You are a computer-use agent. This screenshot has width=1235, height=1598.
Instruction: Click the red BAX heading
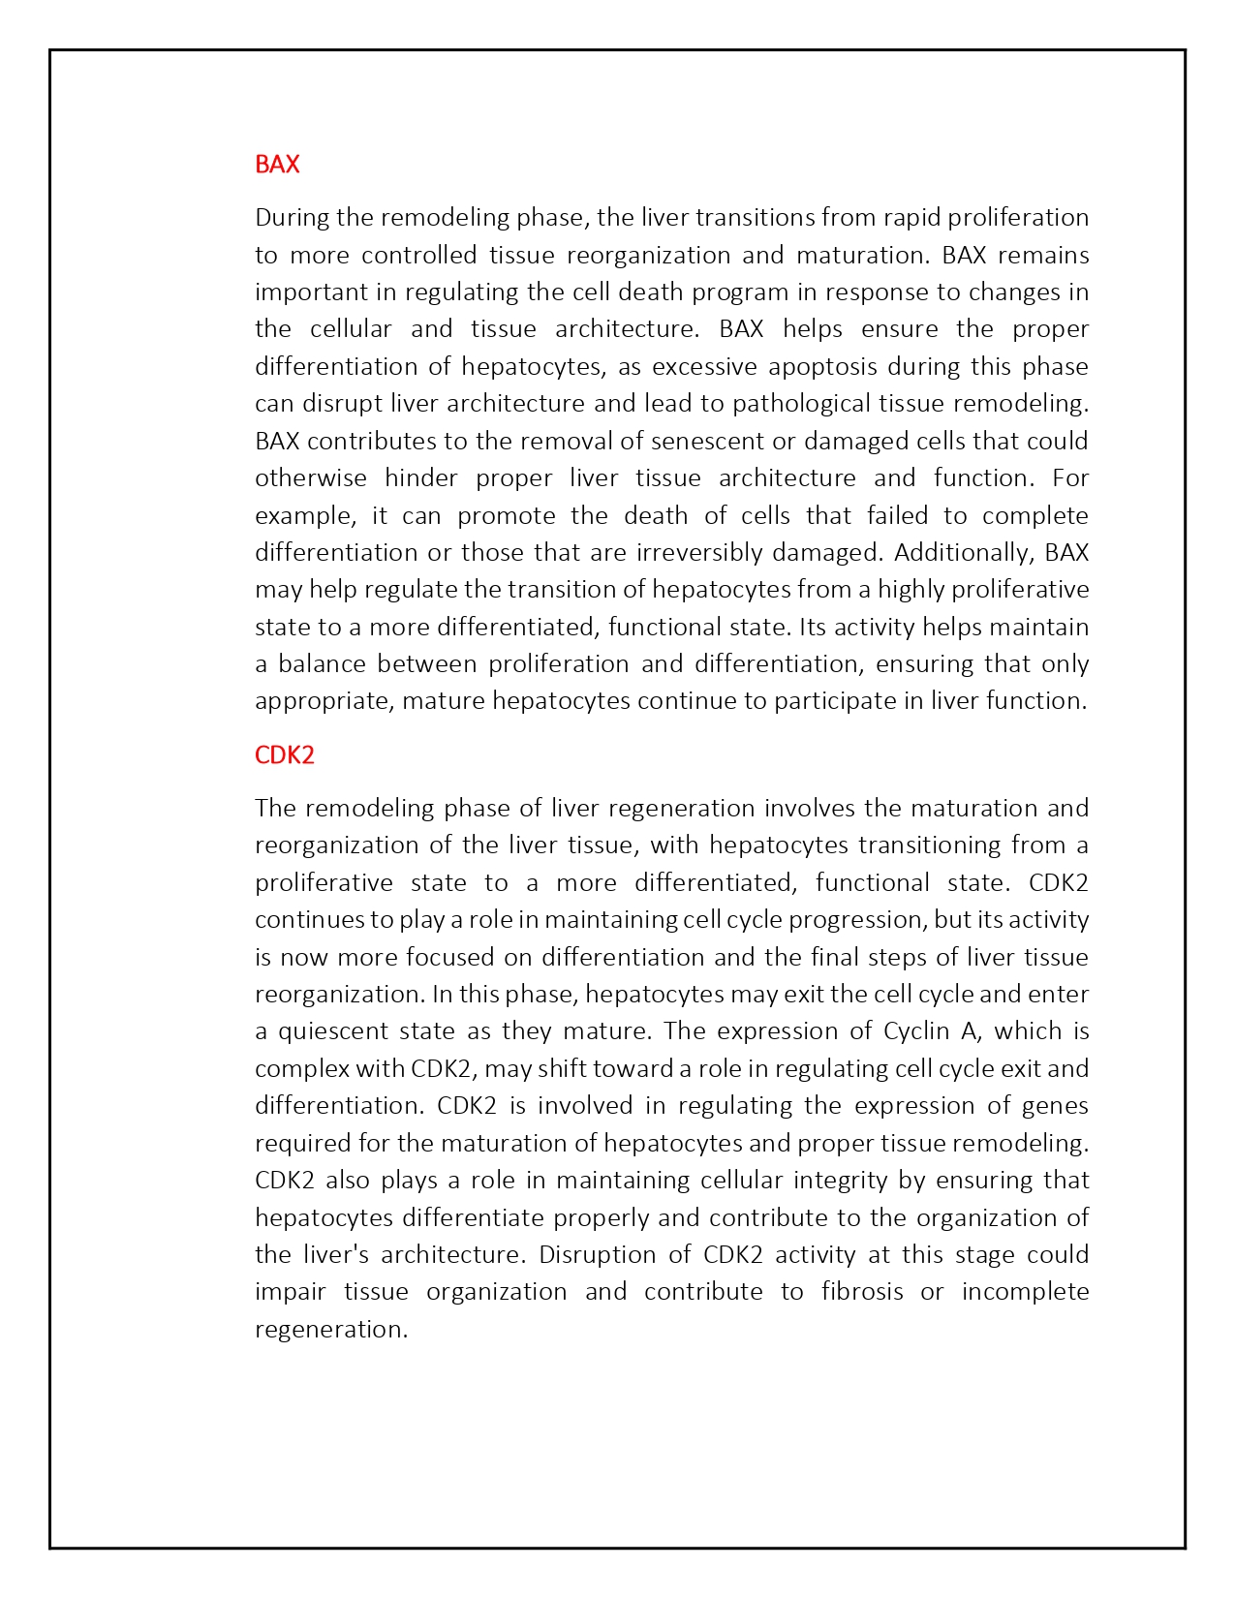click(x=277, y=164)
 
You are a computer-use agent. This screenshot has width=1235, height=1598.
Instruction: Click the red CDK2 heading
click(x=285, y=754)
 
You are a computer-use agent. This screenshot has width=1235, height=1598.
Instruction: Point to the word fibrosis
click(x=861, y=1291)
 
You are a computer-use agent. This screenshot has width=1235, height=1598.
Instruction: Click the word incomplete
click(x=1025, y=1291)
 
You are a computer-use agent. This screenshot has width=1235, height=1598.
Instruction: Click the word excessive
click(x=704, y=366)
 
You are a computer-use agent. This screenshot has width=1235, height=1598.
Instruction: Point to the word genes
click(x=1055, y=1105)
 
